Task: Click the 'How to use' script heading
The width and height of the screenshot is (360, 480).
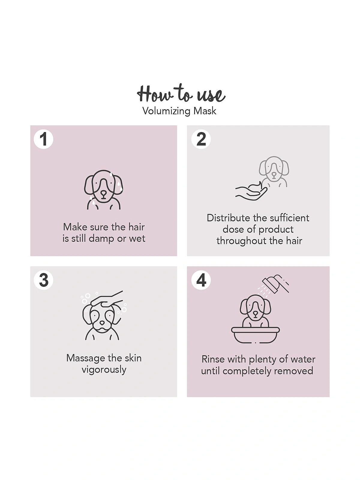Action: click(181, 93)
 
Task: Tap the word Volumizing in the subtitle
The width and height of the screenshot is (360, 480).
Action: click(166, 111)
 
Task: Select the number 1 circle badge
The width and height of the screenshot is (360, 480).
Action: click(43, 139)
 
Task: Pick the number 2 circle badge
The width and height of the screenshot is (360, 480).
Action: click(201, 139)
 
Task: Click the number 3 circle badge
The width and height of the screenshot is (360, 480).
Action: click(43, 280)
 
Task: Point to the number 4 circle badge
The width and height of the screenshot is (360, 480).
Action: click(201, 280)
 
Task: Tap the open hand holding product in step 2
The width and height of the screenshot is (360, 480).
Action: click(251, 191)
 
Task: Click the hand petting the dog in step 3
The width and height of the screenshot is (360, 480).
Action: click(106, 298)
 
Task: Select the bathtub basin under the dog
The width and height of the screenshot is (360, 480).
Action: click(255, 335)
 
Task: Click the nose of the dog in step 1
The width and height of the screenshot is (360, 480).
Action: click(103, 194)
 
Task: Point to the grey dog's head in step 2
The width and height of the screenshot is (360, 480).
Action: click(274, 168)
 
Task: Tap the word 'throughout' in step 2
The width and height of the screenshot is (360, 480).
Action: click(241, 241)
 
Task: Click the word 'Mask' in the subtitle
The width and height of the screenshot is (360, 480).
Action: click(205, 111)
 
